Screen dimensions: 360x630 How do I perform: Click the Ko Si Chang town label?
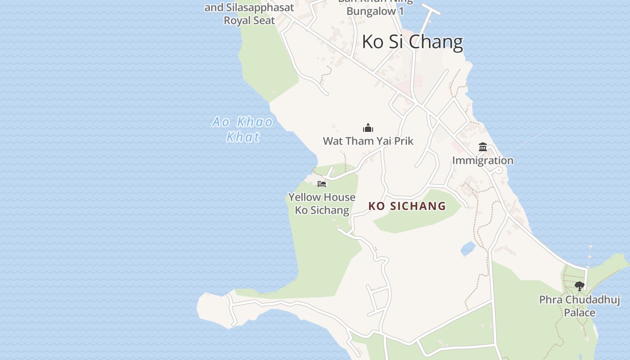412,42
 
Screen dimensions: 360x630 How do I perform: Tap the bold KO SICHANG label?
407,206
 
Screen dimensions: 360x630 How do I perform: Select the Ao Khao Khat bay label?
243,129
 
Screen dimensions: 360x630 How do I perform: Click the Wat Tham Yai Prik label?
368,141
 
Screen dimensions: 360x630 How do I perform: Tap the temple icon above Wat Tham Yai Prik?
368,128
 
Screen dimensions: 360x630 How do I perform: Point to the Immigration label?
482,160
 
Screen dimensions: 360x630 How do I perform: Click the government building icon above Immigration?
483,147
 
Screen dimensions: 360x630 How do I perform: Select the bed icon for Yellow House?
321,184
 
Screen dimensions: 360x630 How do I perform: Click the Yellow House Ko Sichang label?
322,203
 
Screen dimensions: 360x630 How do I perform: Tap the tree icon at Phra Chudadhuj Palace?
580,285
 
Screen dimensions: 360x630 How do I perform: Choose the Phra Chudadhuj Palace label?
580,306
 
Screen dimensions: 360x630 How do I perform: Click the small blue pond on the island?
468,248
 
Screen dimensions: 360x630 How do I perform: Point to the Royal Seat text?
249,20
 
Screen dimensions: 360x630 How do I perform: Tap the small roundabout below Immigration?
498,170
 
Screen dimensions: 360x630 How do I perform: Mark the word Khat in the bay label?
243,136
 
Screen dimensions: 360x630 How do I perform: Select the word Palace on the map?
580,312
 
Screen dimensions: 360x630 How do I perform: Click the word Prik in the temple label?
404,141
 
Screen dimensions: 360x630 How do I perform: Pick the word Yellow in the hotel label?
305,197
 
